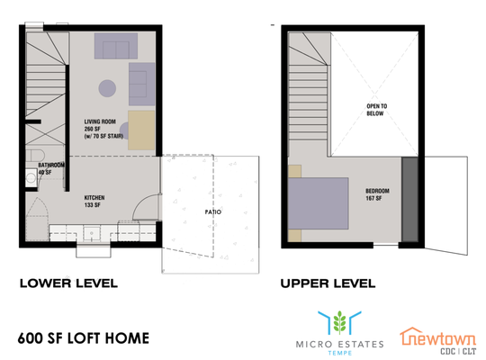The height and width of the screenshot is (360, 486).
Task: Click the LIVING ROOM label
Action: [103, 129]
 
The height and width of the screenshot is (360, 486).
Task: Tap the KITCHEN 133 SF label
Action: [94, 202]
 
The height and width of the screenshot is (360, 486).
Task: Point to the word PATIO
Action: [213, 212]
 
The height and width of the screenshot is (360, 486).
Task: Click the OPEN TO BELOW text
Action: [376, 110]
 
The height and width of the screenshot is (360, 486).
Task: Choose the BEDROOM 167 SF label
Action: [377, 194]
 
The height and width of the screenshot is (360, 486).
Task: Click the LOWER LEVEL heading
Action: [68, 283]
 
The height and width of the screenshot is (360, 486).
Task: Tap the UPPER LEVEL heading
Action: [328, 283]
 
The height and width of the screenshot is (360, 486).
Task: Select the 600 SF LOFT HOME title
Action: [84, 338]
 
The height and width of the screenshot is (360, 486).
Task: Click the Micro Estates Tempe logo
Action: [339, 333]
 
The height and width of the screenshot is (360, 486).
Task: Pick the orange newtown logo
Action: [437, 341]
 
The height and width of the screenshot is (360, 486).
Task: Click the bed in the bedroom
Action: [318, 203]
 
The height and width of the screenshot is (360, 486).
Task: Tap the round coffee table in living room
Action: [107, 88]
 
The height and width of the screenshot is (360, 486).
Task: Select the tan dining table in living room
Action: [141, 130]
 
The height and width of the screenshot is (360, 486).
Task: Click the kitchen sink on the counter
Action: [92, 233]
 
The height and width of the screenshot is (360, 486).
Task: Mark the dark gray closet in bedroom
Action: [409, 199]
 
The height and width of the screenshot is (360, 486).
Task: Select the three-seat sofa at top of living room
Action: [116, 46]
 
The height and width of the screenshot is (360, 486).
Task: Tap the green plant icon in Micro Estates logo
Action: [339, 323]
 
